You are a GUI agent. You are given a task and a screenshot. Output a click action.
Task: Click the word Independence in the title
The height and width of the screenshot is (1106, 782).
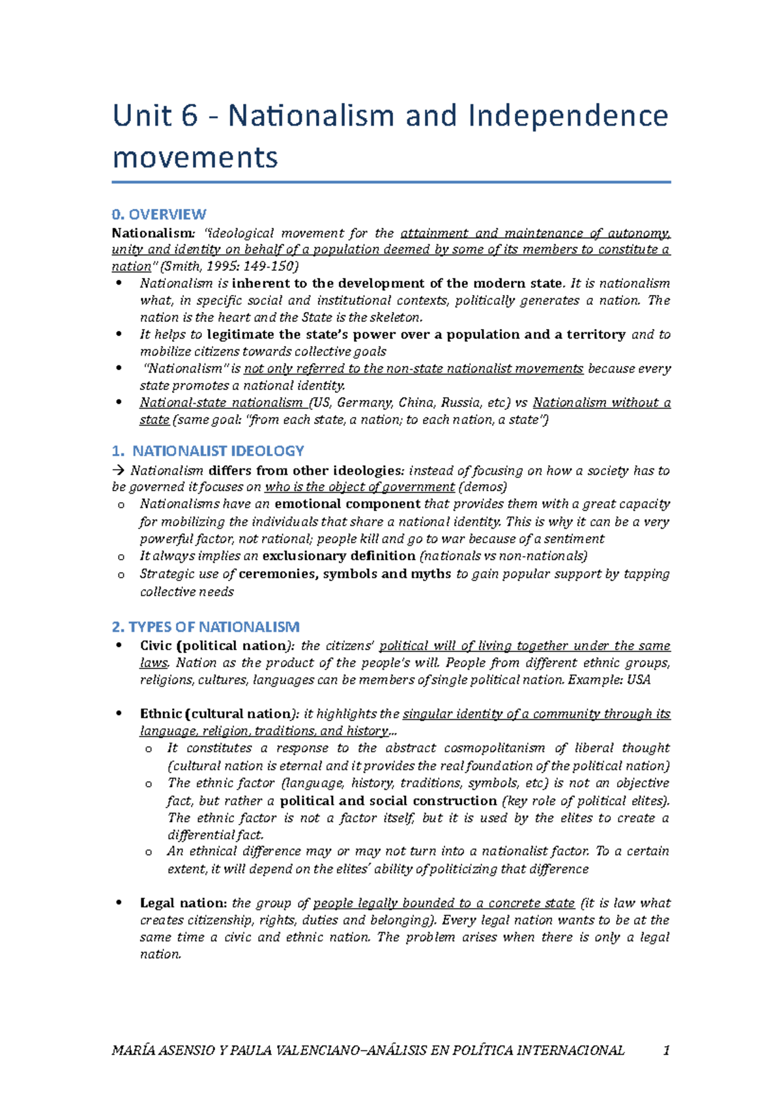(568, 116)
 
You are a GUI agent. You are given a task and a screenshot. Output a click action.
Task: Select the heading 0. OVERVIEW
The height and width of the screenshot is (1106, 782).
(159, 214)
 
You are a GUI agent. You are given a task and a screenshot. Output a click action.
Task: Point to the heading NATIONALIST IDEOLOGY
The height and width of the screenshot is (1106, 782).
(218, 451)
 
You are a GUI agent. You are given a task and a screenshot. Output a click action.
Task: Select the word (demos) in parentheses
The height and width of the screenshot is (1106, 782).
(483, 487)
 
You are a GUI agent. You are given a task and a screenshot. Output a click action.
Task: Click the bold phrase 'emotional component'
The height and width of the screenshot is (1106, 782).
(347, 504)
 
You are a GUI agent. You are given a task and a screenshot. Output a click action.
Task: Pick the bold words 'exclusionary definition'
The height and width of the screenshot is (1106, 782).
(338, 556)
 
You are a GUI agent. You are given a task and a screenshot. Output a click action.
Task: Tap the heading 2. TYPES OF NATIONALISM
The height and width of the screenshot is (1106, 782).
(206, 627)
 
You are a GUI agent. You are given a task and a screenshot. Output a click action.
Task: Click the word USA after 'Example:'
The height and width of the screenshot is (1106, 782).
(639, 680)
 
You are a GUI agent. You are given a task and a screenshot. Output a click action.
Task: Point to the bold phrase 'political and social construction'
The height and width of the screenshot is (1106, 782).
(388, 801)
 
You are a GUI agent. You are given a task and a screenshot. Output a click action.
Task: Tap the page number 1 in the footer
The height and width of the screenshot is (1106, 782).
(666, 1051)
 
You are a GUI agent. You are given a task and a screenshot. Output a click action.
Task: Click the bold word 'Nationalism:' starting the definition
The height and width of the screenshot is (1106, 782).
(152, 233)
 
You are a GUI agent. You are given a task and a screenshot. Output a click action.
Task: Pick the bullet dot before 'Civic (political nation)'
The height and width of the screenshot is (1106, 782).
(119, 645)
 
